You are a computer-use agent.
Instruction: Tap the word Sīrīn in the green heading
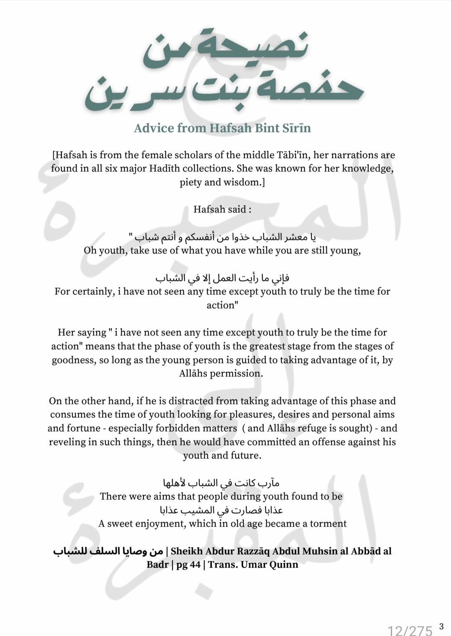[x=296, y=128]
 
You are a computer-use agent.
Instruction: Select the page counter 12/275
[x=410, y=630]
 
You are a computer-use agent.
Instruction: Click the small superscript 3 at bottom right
[x=441, y=626]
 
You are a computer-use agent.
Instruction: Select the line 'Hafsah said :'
[x=222, y=209]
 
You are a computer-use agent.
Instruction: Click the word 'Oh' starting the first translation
[x=90, y=251]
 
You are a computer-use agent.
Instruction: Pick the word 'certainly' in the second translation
[x=92, y=291]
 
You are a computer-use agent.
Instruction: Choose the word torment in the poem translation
[x=328, y=524]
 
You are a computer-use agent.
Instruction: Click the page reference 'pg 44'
[x=188, y=564]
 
